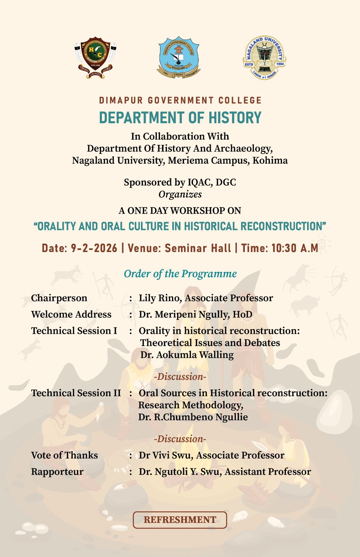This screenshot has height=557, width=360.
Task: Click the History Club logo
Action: click(x=95, y=58)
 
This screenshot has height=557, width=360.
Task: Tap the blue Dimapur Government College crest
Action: click(x=178, y=57)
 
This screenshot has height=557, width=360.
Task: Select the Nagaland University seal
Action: click(x=264, y=57)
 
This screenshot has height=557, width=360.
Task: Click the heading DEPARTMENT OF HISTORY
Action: click(x=180, y=118)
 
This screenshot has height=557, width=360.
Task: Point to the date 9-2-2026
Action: click(x=94, y=248)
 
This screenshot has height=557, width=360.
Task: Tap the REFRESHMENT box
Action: click(x=180, y=520)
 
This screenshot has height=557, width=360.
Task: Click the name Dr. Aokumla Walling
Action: click(x=187, y=355)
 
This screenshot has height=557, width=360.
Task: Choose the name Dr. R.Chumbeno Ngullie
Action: click(x=193, y=417)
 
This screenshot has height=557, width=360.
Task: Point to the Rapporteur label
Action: click(x=57, y=472)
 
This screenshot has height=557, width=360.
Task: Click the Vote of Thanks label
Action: click(x=64, y=455)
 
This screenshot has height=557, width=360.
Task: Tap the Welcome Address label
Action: click(x=71, y=314)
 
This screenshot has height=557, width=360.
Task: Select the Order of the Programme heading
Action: click(x=180, y=274)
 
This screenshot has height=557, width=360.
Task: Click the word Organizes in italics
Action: click(x=180, y=194)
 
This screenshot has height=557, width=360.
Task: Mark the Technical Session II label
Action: click(x=76, y=393)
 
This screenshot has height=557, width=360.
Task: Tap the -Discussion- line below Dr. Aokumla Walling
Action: click(x=180, y=377)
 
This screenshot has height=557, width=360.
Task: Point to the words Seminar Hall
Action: click(x=198, y=248)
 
